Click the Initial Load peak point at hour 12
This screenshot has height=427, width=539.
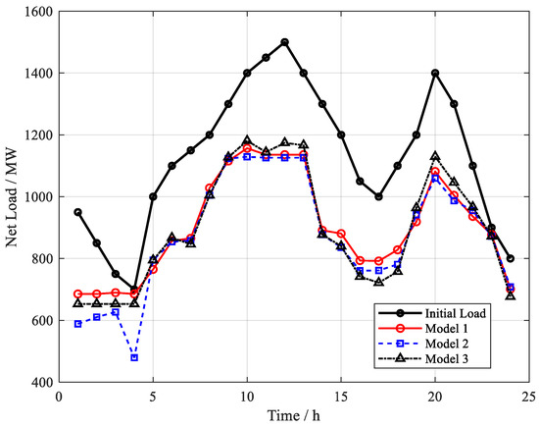point(284,42)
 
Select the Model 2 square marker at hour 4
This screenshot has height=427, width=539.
point(134,357)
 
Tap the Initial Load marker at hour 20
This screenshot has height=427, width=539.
point(435,73)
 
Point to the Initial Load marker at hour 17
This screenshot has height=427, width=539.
point(379,196)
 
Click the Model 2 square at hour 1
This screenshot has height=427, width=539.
point(78,324)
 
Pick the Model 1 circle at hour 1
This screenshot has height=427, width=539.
point(78,294)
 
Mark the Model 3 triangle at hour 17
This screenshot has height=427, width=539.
point(379,282)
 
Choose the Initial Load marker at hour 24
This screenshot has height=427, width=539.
point(511,258)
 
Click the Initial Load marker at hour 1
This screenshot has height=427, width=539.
point(78,212)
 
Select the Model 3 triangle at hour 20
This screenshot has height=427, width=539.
point(435,156)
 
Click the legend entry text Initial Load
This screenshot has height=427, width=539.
point(456,313)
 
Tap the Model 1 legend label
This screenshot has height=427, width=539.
point(447,329)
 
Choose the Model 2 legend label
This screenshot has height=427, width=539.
point(447,344)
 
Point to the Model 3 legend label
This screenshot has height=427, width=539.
point(447,359)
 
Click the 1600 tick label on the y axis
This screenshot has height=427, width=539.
point(39,12)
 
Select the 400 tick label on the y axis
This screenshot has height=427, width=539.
point(42,382)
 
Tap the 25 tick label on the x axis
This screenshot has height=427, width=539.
point(528,397)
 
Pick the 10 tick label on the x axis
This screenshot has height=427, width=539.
point(247,397)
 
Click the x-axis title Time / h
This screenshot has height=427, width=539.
point(294,415)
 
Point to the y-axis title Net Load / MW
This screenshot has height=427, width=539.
point(12,197)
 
